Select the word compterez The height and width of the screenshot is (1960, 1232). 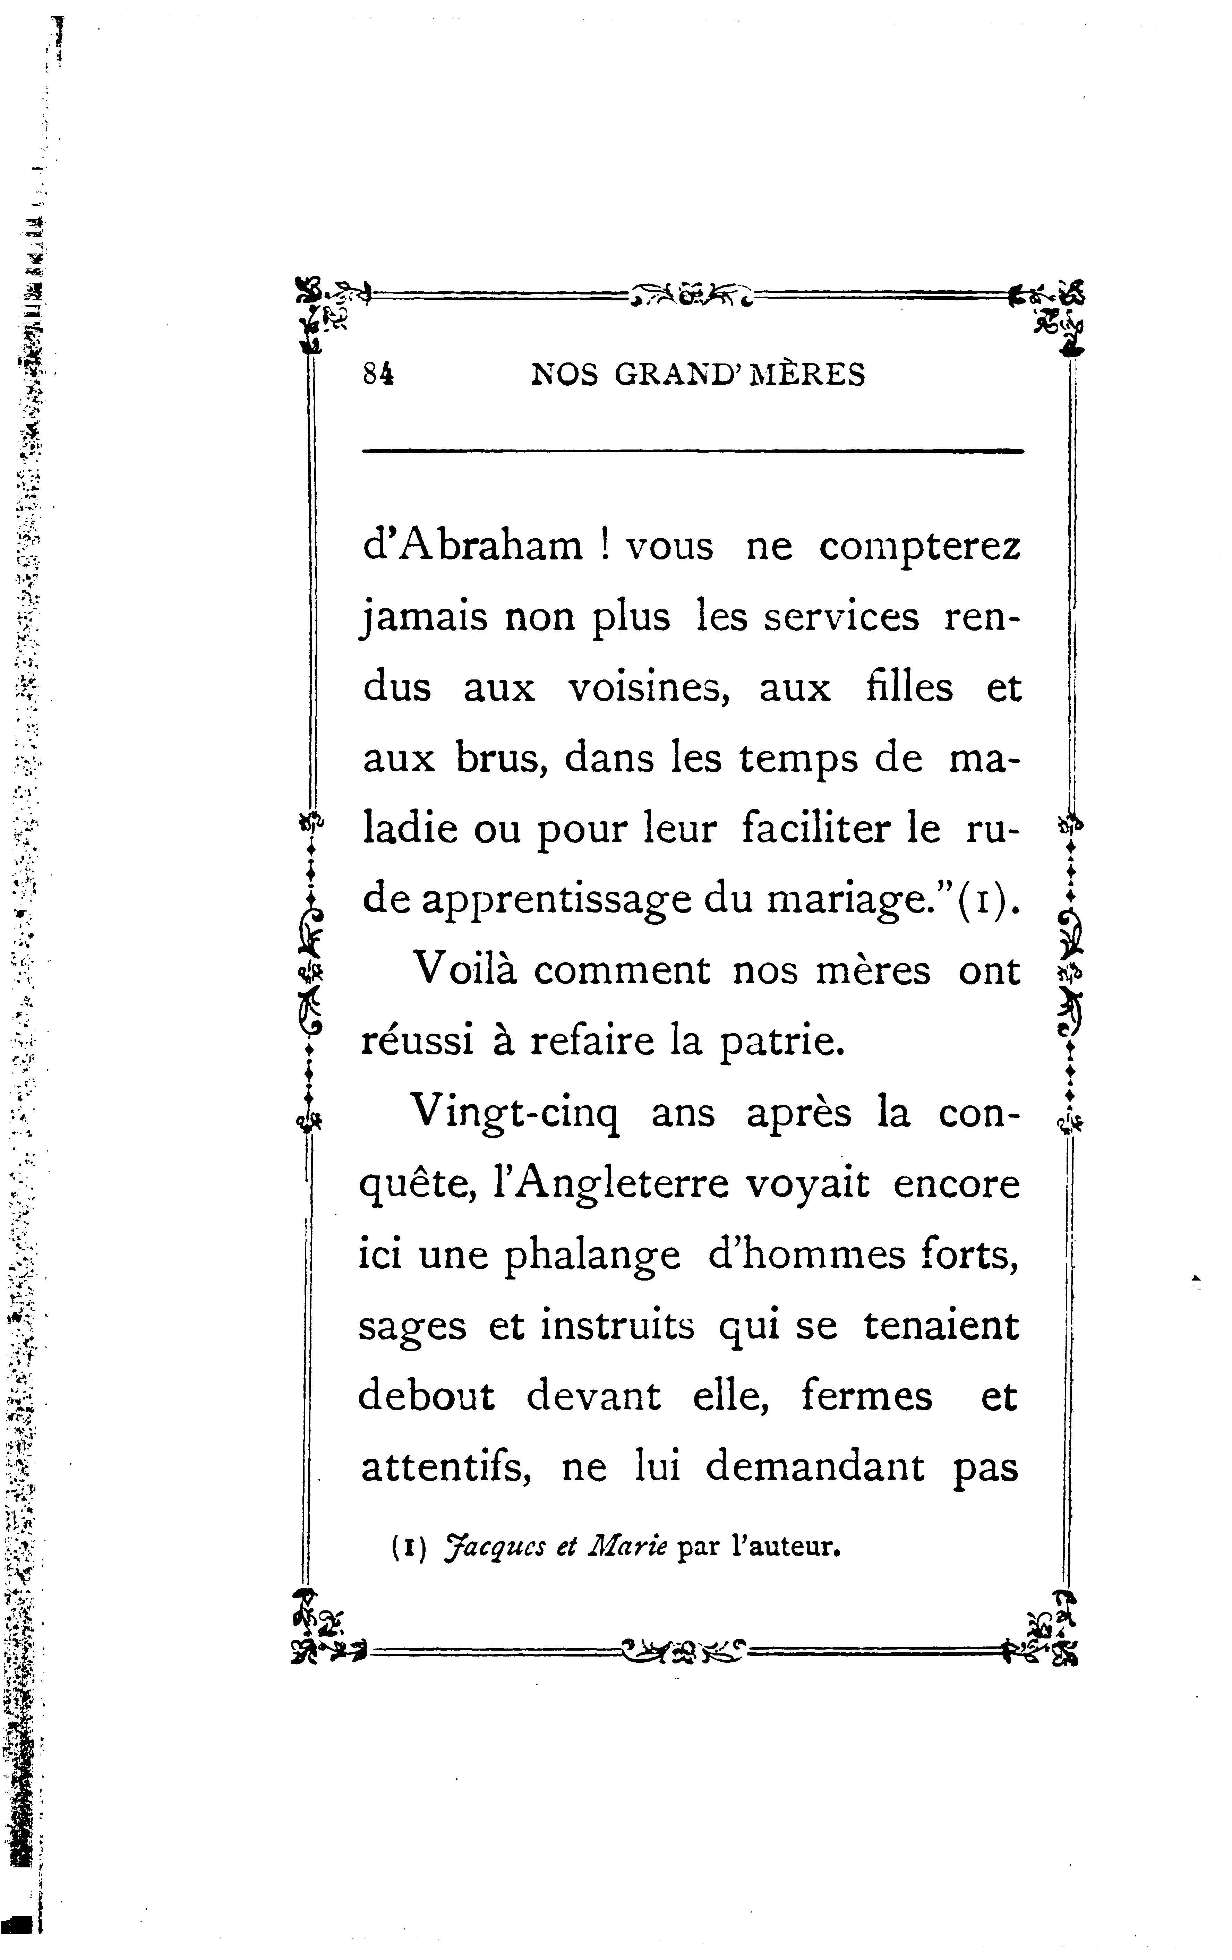(x=919, y=546)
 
